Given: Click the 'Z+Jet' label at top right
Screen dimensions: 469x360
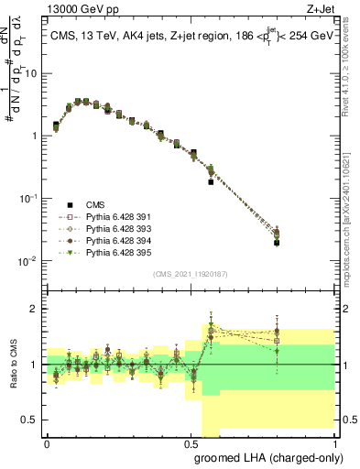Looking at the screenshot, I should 322,9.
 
